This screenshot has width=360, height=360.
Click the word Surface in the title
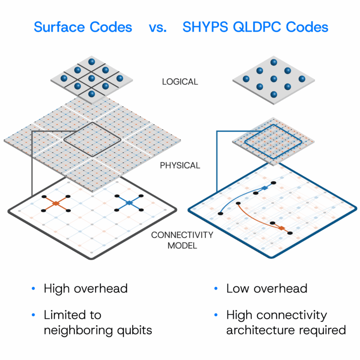click(60, 27)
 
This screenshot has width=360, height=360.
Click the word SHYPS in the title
click(205, 27)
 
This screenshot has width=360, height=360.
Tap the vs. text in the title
click(157, 28)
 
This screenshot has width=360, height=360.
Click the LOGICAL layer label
click(180, 82)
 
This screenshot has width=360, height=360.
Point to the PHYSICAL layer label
click(180, 165)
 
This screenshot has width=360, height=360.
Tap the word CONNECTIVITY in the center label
click(182, 235)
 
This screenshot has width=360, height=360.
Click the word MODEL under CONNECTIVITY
click(182, 246)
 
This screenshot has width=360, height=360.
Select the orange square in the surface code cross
click(56, 203)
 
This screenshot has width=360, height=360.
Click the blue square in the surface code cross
click(129, 202)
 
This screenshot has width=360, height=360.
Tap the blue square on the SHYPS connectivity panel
click(265, 188)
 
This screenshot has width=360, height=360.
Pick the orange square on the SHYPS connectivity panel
click(281, 228)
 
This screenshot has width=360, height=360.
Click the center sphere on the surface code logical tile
click(91, 78)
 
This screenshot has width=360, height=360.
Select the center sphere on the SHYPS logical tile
click(274, 79)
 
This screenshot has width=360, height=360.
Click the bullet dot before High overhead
click(33, 288)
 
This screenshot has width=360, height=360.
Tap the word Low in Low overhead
click(238, 288)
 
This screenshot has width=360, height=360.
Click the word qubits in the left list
click(135, 330)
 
